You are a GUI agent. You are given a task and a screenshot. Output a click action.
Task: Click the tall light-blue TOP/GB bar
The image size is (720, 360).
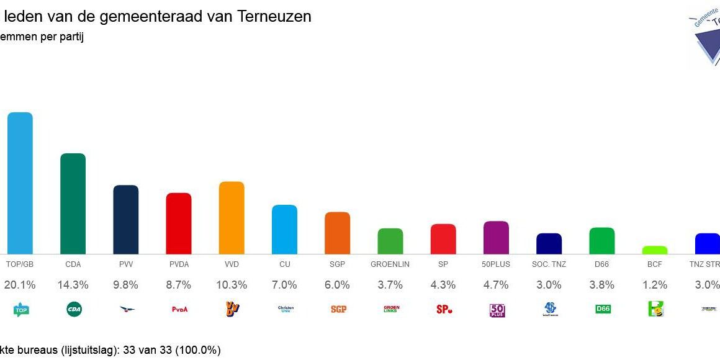pos(20,183)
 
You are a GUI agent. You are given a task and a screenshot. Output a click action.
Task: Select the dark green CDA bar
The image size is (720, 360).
pos(73,204)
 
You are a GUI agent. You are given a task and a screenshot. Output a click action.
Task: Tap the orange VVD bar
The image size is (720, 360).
pos(232,218)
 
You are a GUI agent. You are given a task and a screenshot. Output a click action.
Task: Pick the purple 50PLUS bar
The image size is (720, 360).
pos(496,238)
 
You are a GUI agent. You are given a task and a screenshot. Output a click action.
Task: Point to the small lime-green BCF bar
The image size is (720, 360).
pos(655,250)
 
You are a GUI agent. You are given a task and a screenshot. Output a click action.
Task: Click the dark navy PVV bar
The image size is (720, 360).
pos(125,220)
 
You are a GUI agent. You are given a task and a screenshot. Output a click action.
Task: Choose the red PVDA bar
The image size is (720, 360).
pos(179,223)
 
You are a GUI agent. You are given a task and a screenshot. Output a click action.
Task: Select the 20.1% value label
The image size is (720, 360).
pos(20,285)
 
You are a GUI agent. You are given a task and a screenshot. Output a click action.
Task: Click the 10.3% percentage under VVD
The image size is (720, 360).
pos(232,285)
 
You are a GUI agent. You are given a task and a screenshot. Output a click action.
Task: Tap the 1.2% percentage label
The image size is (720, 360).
pos(655,285)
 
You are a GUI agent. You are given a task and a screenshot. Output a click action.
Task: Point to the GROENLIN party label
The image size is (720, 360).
pos(390,264)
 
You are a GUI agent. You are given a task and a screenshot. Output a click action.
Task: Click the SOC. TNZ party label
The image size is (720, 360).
pos(549,264)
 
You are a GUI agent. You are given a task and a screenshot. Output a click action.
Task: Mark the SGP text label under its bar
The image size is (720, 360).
pos(337,264)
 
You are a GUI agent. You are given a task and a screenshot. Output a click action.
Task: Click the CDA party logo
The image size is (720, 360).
pos(73,309)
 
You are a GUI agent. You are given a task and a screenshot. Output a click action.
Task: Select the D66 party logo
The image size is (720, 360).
pos(602,309)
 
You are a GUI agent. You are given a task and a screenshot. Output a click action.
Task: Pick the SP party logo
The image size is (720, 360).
pos(444,309)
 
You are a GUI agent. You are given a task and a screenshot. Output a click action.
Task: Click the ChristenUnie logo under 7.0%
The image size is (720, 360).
pos(284,309)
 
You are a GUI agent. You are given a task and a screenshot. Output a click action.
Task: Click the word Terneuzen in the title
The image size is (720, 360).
pos(274,17)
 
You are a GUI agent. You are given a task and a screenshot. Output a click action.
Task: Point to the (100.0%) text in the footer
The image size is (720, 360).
pos(198,350)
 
